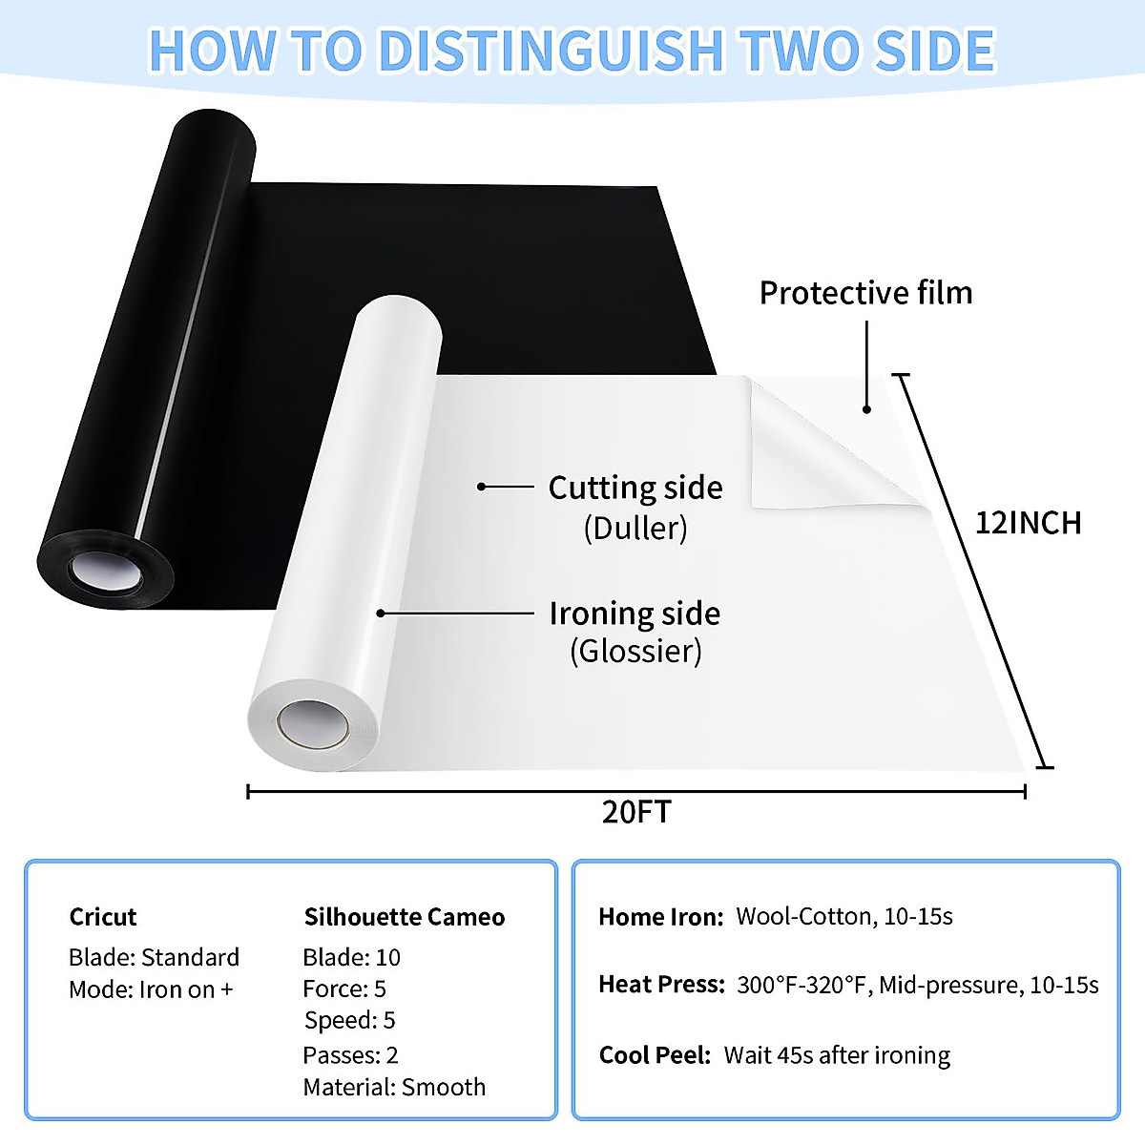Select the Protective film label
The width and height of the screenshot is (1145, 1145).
pos(865,293)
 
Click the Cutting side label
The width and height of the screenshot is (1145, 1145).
pos(635,488)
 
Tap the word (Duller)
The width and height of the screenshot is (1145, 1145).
pos(635,528)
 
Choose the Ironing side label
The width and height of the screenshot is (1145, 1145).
pos(635,613)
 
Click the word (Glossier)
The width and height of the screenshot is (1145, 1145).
pos(635,652)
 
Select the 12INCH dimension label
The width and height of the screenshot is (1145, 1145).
pos(1028,523)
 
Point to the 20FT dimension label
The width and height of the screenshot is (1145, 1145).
pos(636,812)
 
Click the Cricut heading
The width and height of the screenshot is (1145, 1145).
pos(103,917)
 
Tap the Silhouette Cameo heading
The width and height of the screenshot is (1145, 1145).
pos(405,917)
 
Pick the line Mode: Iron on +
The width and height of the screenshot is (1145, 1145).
pos(151,989)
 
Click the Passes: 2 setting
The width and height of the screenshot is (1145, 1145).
pos(350,1054)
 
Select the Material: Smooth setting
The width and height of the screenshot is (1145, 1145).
pos(394,1087)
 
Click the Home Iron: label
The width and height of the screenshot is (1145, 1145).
pos(661,917)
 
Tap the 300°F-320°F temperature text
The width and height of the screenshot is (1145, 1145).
pos(803,985)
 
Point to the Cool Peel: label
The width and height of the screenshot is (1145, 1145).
pos(655,1055)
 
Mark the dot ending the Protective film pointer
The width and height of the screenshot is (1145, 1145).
pos(867,409)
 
